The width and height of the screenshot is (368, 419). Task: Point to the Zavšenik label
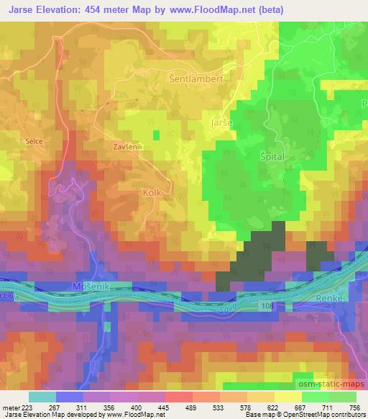[x=129, y=146]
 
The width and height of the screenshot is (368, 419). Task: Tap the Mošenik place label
[x=90, y=287]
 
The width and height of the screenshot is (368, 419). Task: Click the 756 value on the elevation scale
[x=354, y=406]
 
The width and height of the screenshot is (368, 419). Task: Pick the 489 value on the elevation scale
[x=190, y=406]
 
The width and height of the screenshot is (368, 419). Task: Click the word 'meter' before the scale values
[x=11, y=406]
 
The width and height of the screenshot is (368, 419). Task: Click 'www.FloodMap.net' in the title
[x=224, y=10]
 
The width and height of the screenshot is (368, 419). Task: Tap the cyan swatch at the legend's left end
[x=42, y=397]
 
